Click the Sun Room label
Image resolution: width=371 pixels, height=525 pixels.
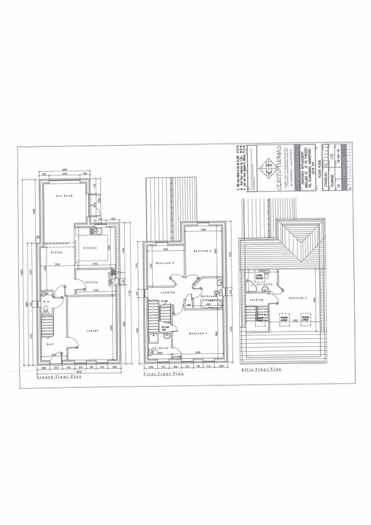tap(64, 196)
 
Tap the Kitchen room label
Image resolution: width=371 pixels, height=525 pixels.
tap(90, 247)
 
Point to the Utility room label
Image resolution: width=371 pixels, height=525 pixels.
tap(92, 283)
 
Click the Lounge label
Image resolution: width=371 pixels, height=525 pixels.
tap(91, 330)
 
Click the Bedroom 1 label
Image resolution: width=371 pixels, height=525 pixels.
tap(199, 333)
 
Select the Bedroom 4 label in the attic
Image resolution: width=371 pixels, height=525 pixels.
tap(298, 299)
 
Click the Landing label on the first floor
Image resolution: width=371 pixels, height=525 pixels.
tap(168, 292)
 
